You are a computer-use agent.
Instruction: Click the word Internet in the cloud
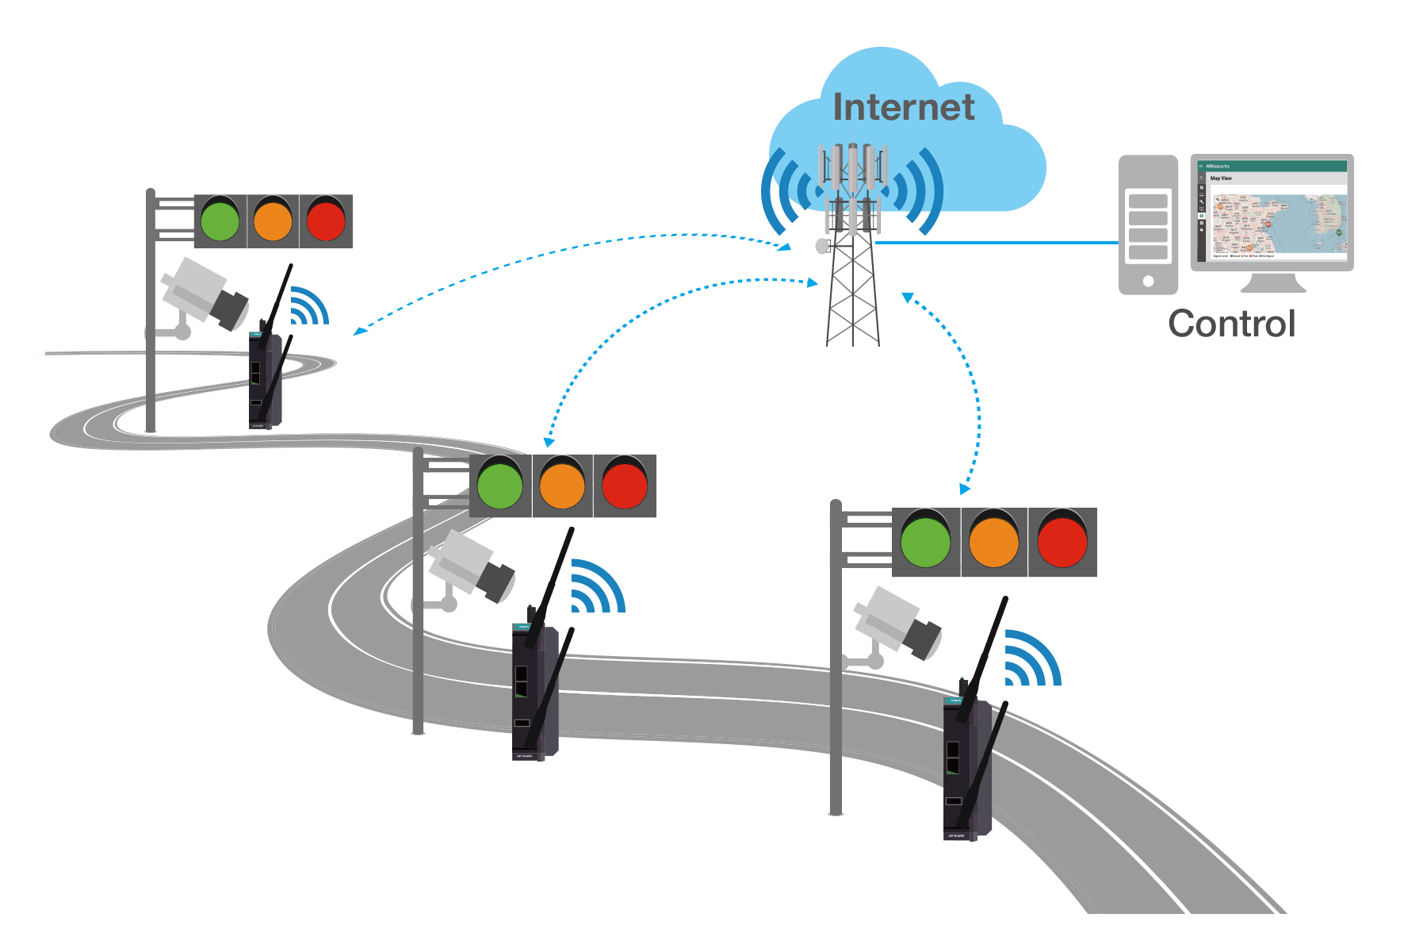point(904,108)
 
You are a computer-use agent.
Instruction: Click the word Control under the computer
point(1232,324)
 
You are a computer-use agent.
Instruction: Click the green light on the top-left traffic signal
point(220,221)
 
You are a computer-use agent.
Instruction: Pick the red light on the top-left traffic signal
point(326,221)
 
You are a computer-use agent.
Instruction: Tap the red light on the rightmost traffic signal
point(1062,542)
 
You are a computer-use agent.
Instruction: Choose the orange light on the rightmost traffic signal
point(994,542)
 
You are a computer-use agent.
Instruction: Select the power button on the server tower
point(1148,281)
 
